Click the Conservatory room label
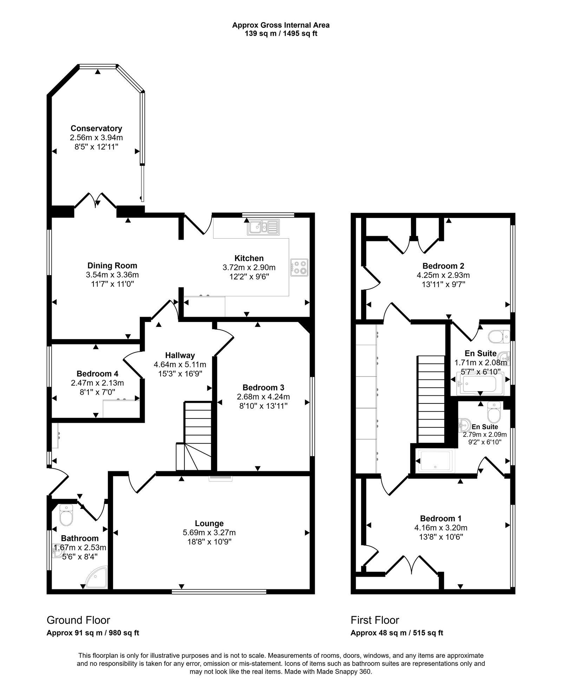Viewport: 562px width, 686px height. point(96,128)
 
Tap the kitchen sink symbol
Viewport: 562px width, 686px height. point(263,227)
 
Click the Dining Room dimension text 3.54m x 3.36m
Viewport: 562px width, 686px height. point(112,275)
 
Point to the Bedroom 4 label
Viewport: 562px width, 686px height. point(97,374)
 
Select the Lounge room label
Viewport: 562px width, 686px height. point(209,524)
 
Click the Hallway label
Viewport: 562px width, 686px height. point(180,355)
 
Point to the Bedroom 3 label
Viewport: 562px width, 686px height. point(263,388)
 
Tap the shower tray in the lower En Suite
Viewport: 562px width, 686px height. point(435,461)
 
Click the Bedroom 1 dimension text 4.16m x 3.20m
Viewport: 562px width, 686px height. point(440,528)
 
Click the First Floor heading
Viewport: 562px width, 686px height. point(375,620)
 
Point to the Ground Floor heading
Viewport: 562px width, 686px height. point(78,620)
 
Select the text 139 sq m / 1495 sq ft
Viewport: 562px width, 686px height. point(281,34)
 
